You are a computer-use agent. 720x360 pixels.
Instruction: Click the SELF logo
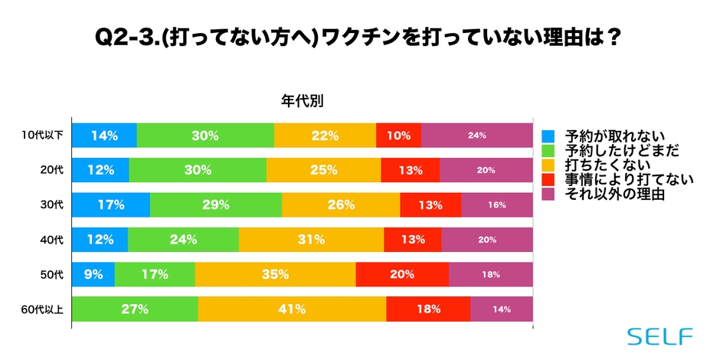659,336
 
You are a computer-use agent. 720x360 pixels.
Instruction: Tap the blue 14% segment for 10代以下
104,136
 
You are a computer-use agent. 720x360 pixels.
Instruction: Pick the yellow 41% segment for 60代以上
292,309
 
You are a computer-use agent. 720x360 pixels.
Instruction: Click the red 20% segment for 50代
402,274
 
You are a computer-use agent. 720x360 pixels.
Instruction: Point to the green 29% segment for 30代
216,205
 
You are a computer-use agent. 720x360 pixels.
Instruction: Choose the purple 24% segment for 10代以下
476,136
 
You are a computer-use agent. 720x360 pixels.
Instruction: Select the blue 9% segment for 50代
93,274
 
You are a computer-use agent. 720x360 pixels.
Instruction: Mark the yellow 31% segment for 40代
311,240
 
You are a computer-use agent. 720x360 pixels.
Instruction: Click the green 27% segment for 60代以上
135,309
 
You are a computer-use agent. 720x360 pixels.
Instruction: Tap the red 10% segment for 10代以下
398,136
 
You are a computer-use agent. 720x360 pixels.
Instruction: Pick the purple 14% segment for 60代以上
501,309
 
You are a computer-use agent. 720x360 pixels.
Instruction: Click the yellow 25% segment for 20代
323,170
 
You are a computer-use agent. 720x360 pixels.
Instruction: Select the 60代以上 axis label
43,309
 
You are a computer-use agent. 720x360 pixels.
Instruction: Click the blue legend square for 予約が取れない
548,136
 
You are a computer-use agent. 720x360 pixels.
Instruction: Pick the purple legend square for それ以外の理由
548,195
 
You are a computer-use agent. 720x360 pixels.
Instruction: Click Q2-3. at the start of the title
123,37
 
